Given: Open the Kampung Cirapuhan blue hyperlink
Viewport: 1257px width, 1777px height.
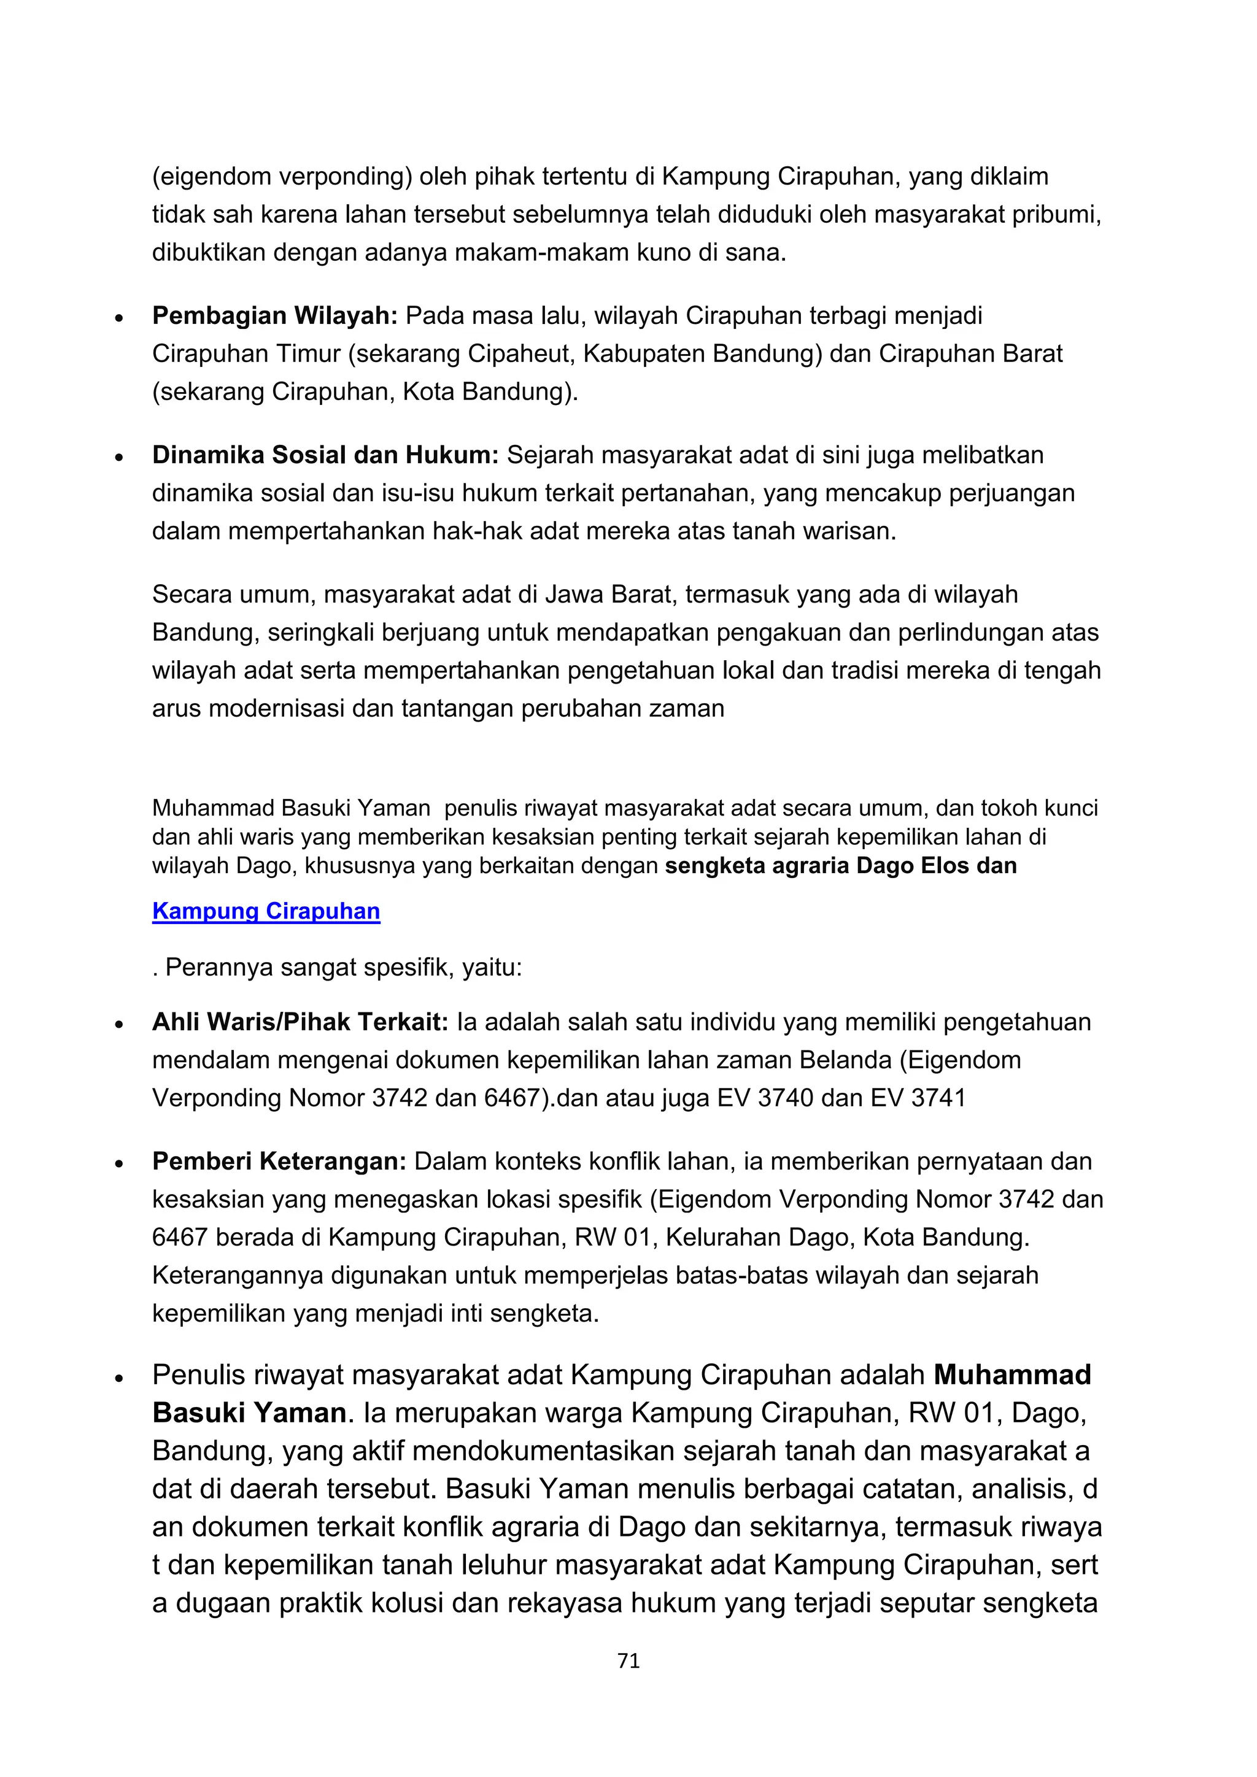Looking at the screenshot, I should (266, 911).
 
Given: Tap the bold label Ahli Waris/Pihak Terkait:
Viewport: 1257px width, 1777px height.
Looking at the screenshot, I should (300, 1022).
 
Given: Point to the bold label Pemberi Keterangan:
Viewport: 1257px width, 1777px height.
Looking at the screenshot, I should (279, 1161).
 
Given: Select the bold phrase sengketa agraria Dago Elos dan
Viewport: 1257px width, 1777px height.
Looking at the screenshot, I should (841, 865).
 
